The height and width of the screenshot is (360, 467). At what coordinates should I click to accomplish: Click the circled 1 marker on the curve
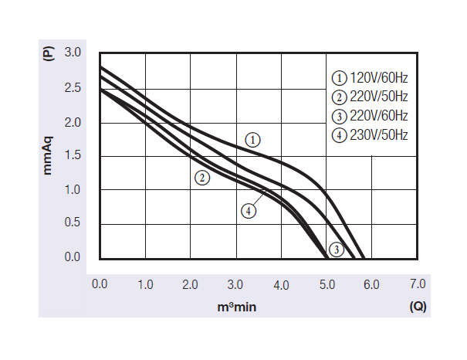click(x=253, y=140)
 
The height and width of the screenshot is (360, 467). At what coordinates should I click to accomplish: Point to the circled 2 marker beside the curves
click(x=202, y=178)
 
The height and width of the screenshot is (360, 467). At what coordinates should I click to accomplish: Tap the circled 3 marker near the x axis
click(x=336, y=249)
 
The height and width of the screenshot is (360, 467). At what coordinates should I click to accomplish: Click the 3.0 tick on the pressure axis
click(x=72, y=53)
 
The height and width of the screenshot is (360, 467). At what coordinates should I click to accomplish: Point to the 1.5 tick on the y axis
click(x=72, y=156)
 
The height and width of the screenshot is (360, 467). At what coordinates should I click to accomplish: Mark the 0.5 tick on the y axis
click(x=72, y=223)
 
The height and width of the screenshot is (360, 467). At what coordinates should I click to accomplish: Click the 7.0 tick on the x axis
click(x=417, y=284)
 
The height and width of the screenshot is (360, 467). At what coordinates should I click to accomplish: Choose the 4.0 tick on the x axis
click(x=280, y=285)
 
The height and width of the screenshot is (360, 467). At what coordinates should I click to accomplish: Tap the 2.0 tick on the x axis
click(x=190, y=284)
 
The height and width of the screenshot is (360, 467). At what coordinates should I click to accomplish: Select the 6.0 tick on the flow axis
click(x=371, y=284)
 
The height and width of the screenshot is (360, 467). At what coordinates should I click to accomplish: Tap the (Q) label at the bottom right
click(x=418, y=306)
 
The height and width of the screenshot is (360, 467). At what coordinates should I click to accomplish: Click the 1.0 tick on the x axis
click(x=145, y=284)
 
